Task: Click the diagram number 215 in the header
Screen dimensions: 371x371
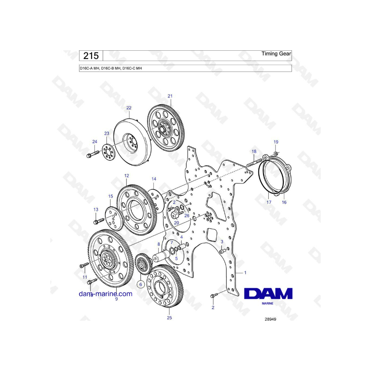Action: coord(91,56)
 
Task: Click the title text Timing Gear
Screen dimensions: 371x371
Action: coord(276,54)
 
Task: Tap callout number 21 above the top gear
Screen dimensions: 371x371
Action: coord(170,96)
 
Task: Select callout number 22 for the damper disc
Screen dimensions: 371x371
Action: coord(129,108)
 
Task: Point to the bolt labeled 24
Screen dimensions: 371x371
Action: coord(93,154)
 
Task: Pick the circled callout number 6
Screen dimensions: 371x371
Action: coord(141,284)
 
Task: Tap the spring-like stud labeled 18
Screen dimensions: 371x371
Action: coord(254,163)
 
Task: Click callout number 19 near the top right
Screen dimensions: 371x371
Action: coord(276,142)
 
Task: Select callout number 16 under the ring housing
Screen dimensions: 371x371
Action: coord(284,202)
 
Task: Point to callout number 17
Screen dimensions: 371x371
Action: coord(269,202)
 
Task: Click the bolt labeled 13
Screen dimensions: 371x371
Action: coord(99,221)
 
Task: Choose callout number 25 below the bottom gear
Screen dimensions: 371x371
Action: coord(169,318)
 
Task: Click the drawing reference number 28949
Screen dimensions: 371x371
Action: coord(270,319)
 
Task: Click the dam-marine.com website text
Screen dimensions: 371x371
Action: coord(106,294)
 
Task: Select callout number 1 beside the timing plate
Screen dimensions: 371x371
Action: coord(245,272)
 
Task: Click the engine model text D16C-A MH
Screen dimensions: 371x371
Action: coord(89,68)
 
